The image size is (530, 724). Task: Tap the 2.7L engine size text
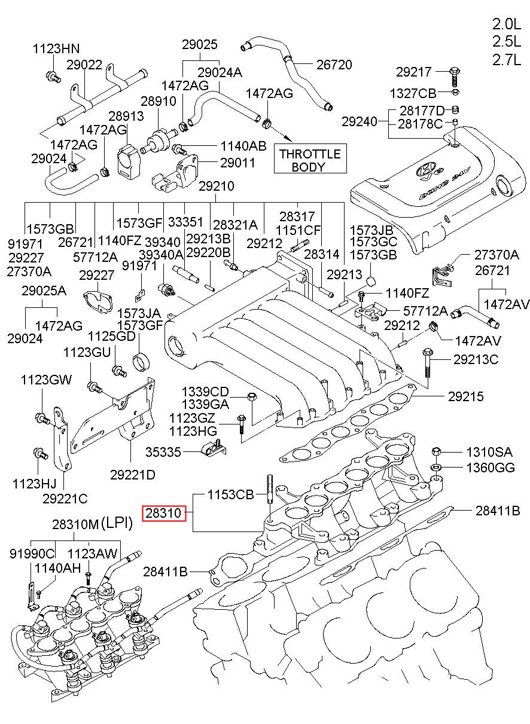pyautogui.click(x=508, y=60)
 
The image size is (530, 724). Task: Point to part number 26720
pyautogui.click(x=334, y=65)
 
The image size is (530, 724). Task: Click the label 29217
pyautogui.click(x=413, y=72)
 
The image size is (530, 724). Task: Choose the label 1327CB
pyautogui.click(x=413, y=93)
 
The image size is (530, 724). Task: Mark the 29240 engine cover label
pyautogui.click(x=360, y=121)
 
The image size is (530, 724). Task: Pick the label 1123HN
pyautogui.click(x=56, y=49)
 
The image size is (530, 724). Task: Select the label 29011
pyautogui.click(x=237, y=163)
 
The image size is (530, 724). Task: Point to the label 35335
pyautogui.click(x=163, y=452)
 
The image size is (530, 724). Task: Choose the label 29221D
pyautogui.click(x=132, y=475)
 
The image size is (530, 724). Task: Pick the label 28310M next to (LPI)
pyautogui.click(x=74, y=524)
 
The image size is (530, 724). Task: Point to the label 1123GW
pyautogui.click(x=46, y=380)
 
